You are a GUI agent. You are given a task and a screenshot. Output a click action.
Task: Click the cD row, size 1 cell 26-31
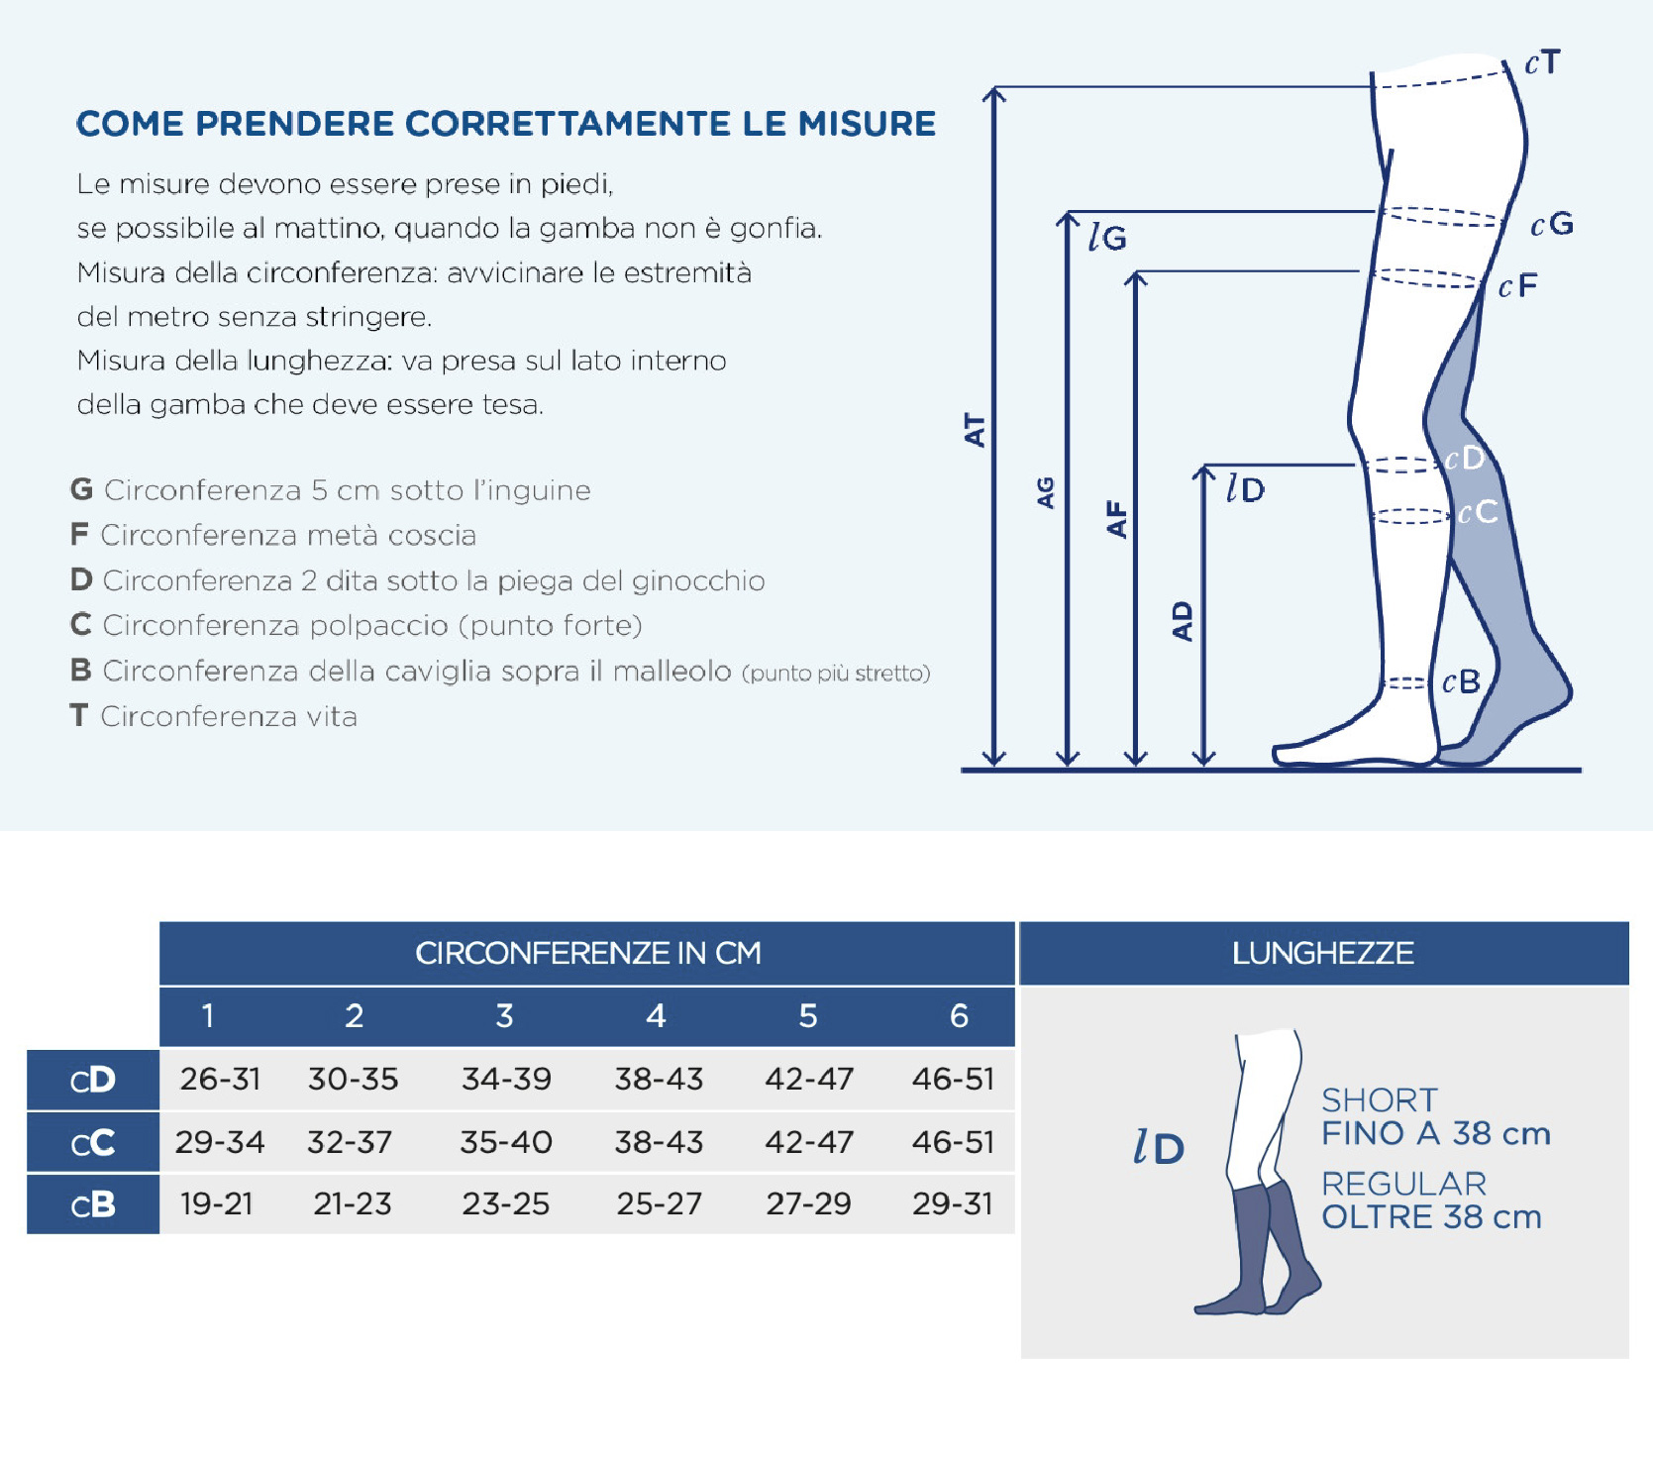[x=220, y=1079]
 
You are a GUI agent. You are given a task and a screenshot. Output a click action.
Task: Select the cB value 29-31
[x=953, y=1203]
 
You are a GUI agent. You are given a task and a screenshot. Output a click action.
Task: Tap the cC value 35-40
[x=506, y=1142]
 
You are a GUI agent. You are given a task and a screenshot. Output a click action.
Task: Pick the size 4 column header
[x=656, y=1016]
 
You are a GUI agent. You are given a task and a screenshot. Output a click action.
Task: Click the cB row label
[x=93, y=1204]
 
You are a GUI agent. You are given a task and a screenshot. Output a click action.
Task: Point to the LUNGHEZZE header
[x=1323, y=953]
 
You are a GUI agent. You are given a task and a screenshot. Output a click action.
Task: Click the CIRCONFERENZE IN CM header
[x=588, y=953]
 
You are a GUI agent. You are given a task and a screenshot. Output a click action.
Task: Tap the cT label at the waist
[x=1543, y=63]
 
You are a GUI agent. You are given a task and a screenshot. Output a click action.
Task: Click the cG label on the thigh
[x=1552, y=224]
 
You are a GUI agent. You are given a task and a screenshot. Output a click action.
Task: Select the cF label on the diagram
[x=1518, y=286]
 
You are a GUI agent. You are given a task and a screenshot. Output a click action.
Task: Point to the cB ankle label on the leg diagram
[x=1461, y=681]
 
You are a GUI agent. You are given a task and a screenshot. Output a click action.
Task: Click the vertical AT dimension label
[x=976, y=431]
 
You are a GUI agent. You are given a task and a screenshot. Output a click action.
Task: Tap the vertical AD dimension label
[x=1183, y=621]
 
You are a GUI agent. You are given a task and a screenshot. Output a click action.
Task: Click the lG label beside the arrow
[x=1107, y=238]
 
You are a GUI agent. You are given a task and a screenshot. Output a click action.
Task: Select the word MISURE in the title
[x=867, y=124]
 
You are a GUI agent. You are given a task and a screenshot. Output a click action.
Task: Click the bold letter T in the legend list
[x=79, y=715]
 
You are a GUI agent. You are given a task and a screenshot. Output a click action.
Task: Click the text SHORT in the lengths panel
[x=1380, y=1099]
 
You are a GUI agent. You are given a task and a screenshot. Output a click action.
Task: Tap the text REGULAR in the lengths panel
[x=1404, y=1184]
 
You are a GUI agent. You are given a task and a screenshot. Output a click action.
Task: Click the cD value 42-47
[x=809, y=1079]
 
